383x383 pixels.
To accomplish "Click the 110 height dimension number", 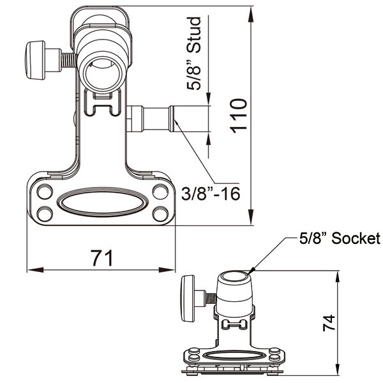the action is point(239,116).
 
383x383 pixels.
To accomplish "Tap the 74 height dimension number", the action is point(329,322).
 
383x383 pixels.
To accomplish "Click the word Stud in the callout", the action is point(193,35).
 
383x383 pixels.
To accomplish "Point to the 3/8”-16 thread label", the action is point(211,193).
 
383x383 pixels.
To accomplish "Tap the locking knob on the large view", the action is point(35,60).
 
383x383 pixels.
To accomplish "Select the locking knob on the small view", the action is point(187,298).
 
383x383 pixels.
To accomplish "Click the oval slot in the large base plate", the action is point(102,202).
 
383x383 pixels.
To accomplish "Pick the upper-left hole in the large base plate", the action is point(45,191).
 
